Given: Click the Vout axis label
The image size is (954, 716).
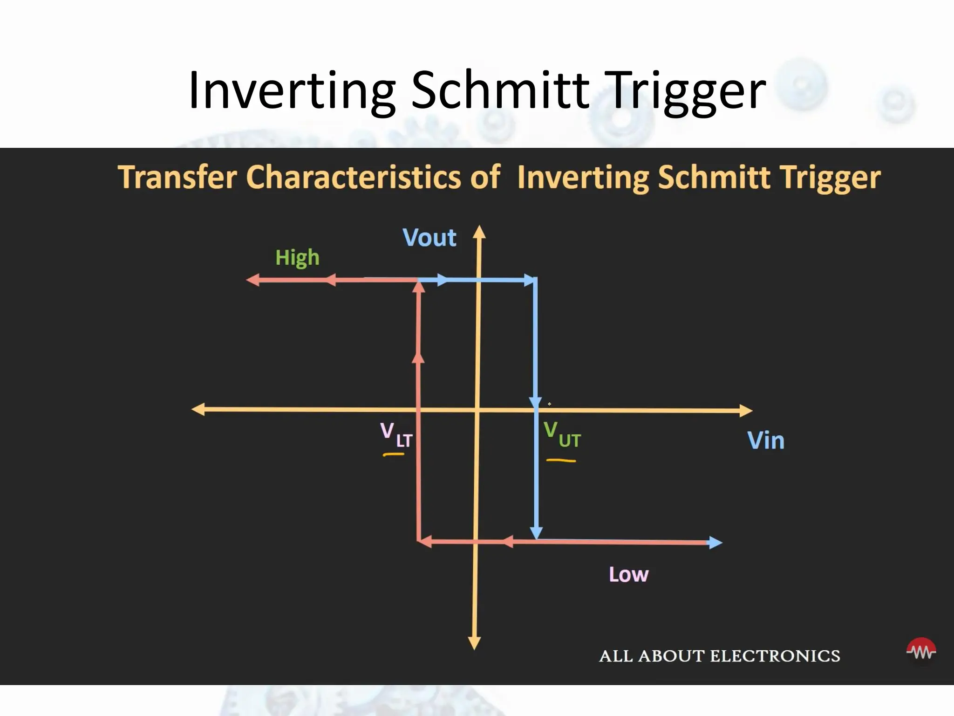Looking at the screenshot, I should [429, 238].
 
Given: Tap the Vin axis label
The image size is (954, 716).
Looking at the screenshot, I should [765, 441].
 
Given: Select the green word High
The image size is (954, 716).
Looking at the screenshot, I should [297, 257].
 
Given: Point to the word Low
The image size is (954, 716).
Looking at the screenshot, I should [628, 575].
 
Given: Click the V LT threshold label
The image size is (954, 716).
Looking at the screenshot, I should [395, 435].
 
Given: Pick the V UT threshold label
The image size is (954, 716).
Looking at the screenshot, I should [562, 435].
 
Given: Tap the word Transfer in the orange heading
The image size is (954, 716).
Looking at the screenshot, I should [177, 178].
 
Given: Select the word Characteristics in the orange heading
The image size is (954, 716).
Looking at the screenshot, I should [373, 178].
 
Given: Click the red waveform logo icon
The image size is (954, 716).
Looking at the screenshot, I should [921, 650].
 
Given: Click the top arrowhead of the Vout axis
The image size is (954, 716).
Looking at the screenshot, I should [479, 232].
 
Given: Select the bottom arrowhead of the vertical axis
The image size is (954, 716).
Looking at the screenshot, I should [474, 643].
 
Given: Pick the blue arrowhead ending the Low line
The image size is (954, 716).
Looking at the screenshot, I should [715, 543].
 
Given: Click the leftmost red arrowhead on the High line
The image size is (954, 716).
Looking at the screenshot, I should [252, 280].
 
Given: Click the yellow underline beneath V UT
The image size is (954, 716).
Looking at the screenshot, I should [561, 461].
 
